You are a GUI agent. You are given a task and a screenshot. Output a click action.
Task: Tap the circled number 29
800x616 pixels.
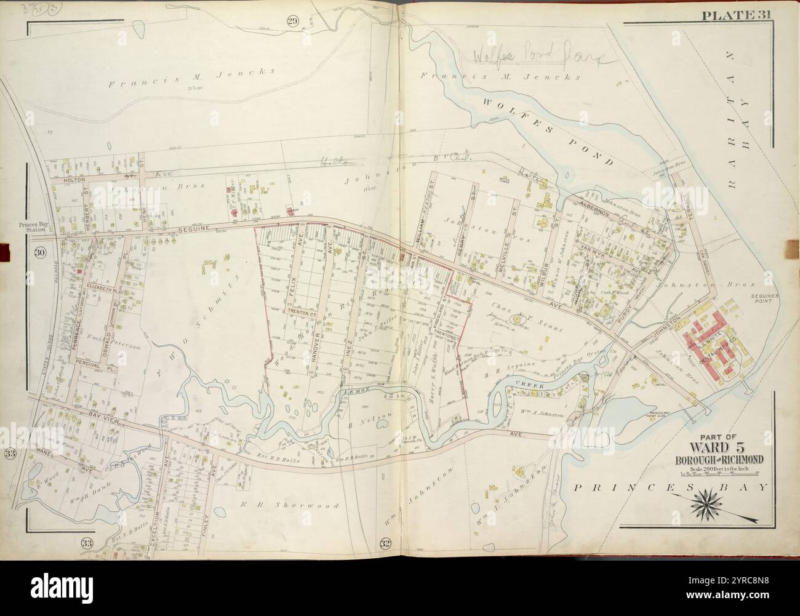pos(292,22)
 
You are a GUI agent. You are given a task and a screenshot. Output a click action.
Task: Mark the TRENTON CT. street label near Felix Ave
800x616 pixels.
pos(301,313)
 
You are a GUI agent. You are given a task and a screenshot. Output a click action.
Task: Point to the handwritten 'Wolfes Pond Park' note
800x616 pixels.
pos(538,57)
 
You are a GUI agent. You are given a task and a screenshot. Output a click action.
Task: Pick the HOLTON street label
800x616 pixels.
pos(76,181)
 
